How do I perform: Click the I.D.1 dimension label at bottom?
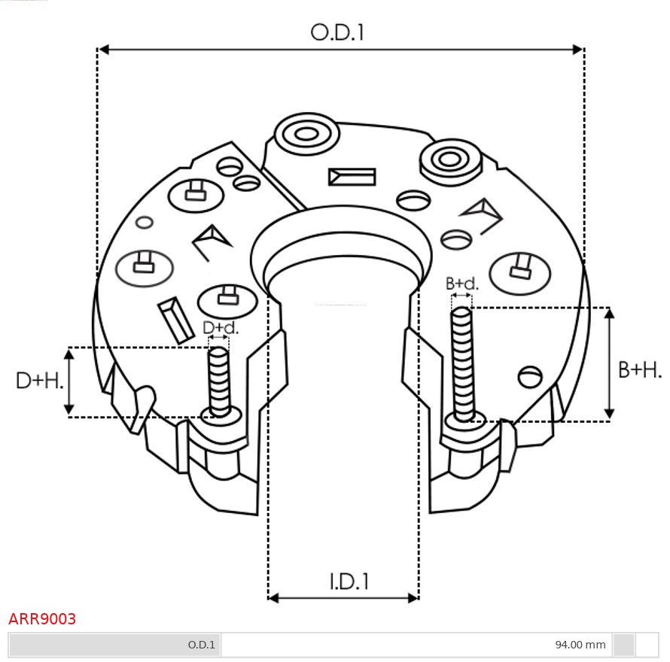[349, 582]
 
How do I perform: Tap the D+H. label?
[39, 381]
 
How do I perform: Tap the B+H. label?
[639, 370]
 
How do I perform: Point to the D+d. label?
[221, 328]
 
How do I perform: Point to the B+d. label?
[461, 284]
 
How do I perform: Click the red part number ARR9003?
[42, 619]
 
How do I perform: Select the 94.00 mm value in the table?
[580, 645]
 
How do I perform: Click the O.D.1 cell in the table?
[201, 645]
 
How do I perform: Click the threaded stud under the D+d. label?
[219, 380]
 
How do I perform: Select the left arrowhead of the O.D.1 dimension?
[105, 50]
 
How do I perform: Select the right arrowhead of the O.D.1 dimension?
[577, 50]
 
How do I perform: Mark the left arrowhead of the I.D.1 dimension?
[274, 598]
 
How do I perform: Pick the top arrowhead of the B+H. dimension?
[610, 313]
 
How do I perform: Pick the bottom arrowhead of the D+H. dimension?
[69, 410]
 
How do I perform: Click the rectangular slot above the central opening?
[352, 177]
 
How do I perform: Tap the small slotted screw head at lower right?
[531, 375]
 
